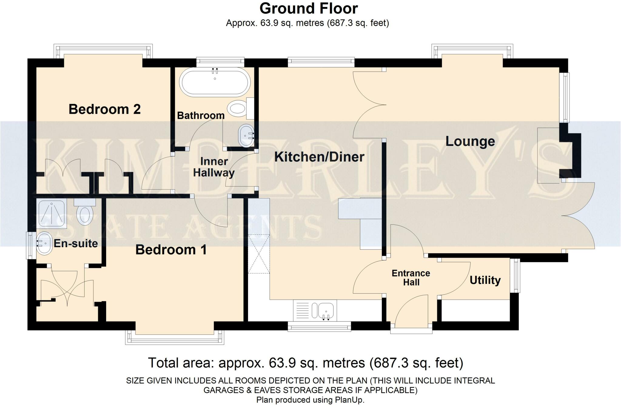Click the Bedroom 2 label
tap(105, 109)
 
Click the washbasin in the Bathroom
tap(247, 136)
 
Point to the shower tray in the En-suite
tap(51, 214)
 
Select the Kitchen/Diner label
tap(319, 157)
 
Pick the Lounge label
tap(470, 141)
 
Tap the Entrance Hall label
tap(411, 277)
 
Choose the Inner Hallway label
tap(214, 167)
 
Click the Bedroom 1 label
tap(171, 250)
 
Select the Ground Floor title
tap(308, 8)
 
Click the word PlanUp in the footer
tap(349, 400)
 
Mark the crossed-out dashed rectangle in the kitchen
tap(259, 254)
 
